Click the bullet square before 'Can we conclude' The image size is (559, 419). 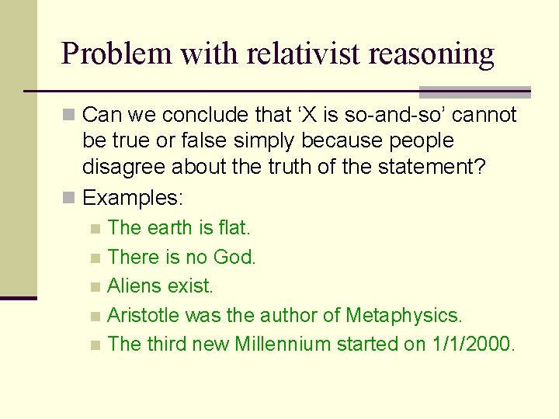[70, 116]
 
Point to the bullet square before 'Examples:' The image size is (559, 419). [70, 198]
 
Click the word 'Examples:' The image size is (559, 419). [133, 198]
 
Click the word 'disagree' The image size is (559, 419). [124, 166]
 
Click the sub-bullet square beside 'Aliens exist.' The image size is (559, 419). [95, 287]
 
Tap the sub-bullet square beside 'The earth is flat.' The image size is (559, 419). [95, 229]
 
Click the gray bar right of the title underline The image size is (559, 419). [474, 92]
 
